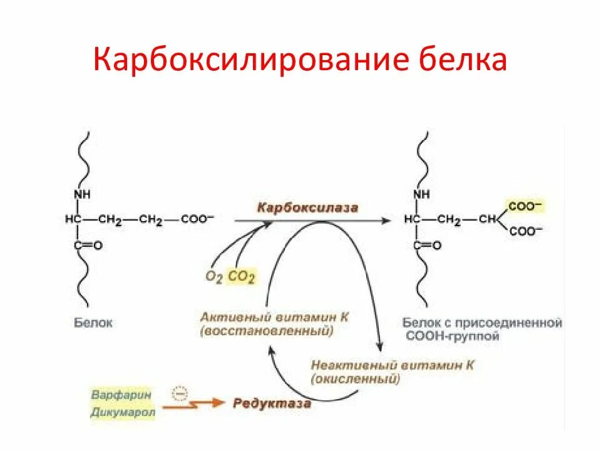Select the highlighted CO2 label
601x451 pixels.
click(241, 276)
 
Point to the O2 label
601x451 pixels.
click(213, 276)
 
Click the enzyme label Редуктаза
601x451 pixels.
click(272, 403)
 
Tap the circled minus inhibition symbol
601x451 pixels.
click(179, 393)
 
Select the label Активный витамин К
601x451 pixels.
click(274, 317)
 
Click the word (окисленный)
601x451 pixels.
click(355, 379)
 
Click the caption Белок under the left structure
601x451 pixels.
click(93, 323)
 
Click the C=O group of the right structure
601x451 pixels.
click(428, 246)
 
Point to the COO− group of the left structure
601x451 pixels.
click(197, 219)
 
